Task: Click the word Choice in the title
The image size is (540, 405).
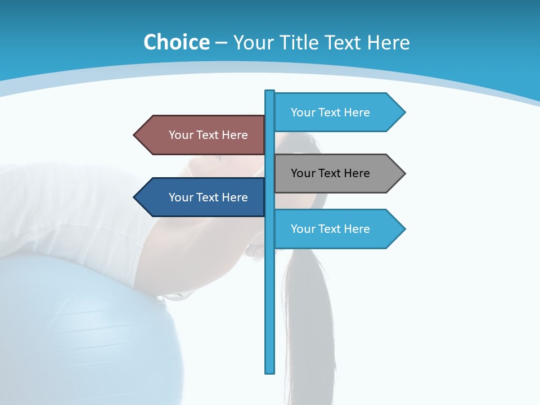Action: tap(177, 43)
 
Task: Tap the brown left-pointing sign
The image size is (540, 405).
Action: tap(202, 135)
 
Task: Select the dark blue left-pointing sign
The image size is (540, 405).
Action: tap(202, 197)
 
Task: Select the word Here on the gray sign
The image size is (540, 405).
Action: tap(357, 173)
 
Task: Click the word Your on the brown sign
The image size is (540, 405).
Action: tap(181, 135)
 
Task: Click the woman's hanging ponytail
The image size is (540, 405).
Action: tap(307, 315)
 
